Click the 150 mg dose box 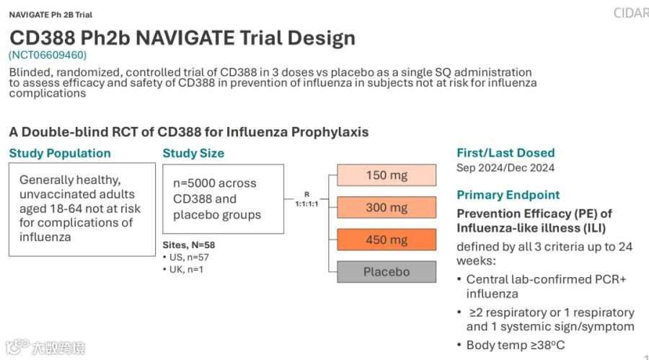[x=387, y=175]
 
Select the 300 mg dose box [x=387, y=207]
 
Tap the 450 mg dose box [x=387, y=240]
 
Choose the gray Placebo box [x=387, y=272]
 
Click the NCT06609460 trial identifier [x=48, y=55]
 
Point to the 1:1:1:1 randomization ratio [x=306, y=204]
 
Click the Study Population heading [x=60, y=153]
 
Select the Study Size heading [x=193, y=153]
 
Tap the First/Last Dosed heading [x=505, y=153]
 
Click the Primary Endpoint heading [x=508, y=195]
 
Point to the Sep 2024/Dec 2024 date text [x=505, y=168]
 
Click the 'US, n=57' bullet [x=186, y=258]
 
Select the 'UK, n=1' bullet [x=183, y=270]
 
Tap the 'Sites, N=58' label [x=189, y=245]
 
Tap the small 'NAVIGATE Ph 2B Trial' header [x=51, y=15]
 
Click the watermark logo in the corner [x=45, y=347]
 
